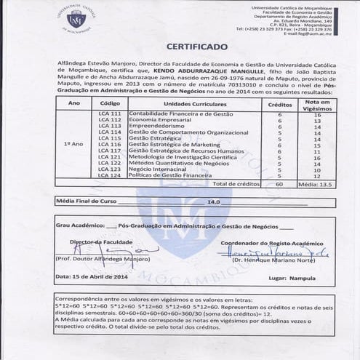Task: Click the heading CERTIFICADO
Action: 197,47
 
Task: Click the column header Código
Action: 109,104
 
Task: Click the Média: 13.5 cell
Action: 317,184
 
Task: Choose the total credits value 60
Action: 279,184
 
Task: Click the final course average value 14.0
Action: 214,201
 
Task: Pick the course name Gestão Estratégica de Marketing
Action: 173,145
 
